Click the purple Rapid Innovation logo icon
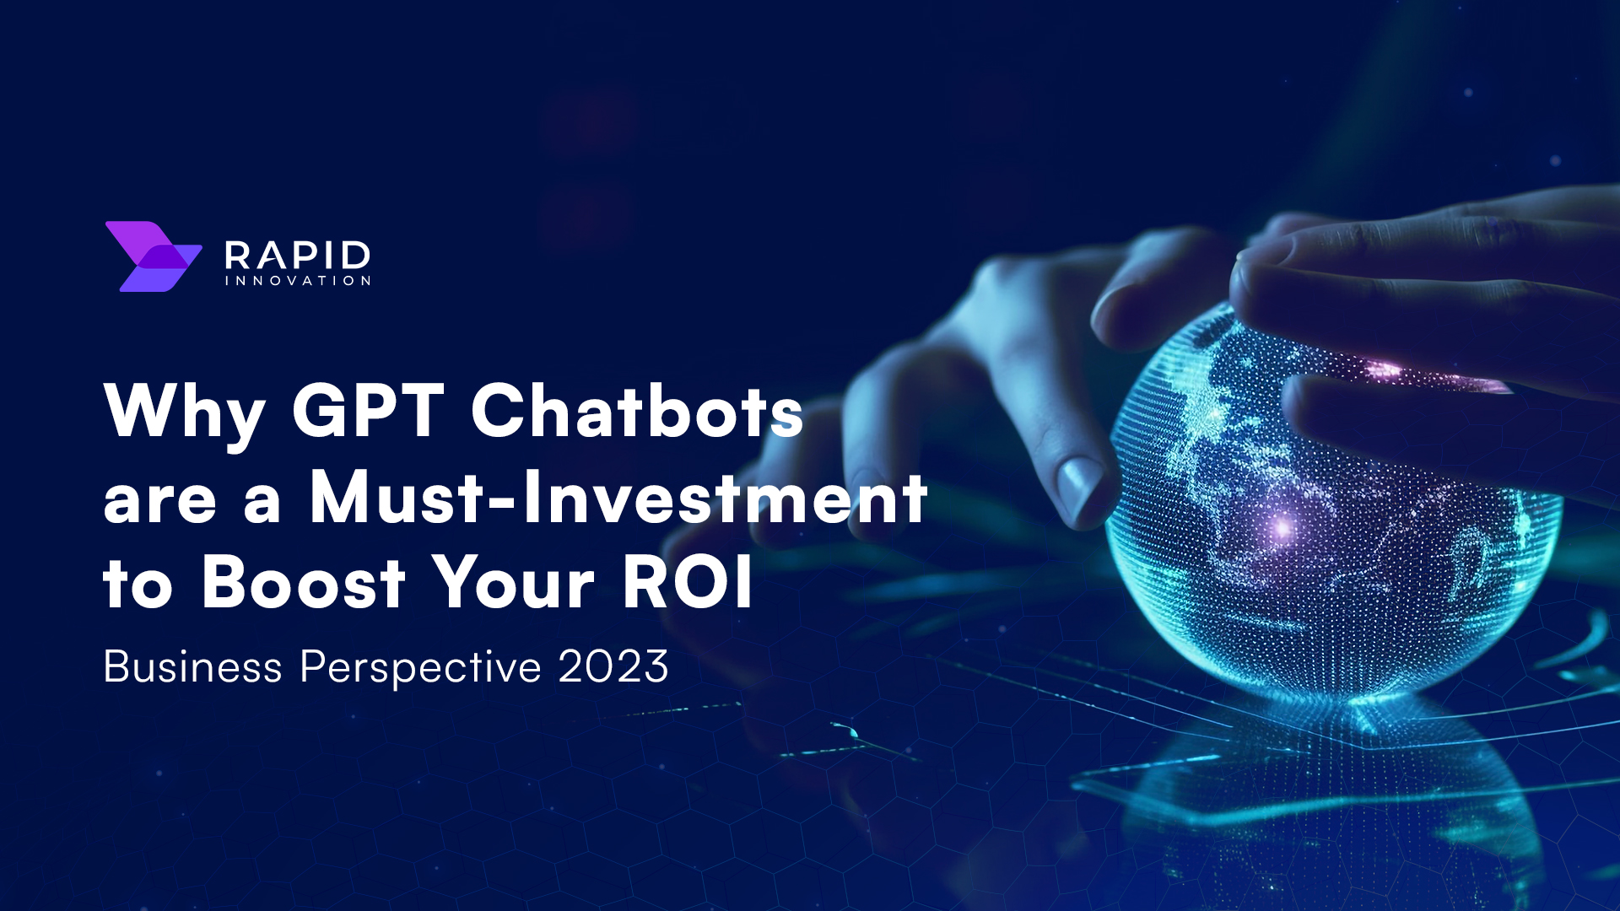point(153,256)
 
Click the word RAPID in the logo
point(297,255)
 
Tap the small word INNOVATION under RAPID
point(297,281)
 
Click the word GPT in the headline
point(368,411)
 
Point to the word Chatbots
point(637,411)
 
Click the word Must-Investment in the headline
point(618,498)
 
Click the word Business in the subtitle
point(192,667)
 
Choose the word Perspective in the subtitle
point(420,669)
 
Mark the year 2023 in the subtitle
point(613,667)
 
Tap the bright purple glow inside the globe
point(1282,528)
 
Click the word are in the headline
point(159,500)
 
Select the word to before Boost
point(138,584)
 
